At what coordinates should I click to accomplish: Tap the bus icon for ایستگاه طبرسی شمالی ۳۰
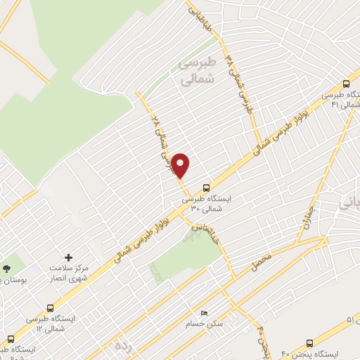pyautogui.click(x=205, y=188)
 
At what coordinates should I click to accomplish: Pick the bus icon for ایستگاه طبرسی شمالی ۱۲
pyautogui.click(x=50, y=307)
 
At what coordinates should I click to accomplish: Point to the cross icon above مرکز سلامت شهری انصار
pyautogui.click(x=68, y=258)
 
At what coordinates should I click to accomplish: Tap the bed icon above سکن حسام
pyautogui.click(x=204, y=313)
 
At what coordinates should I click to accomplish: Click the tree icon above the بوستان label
pyautogui.click(x=6, y=268)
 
